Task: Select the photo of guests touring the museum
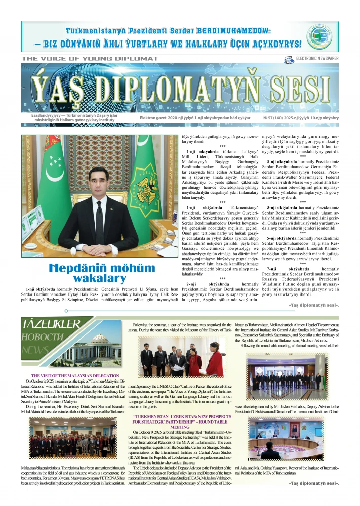[182, 360]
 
